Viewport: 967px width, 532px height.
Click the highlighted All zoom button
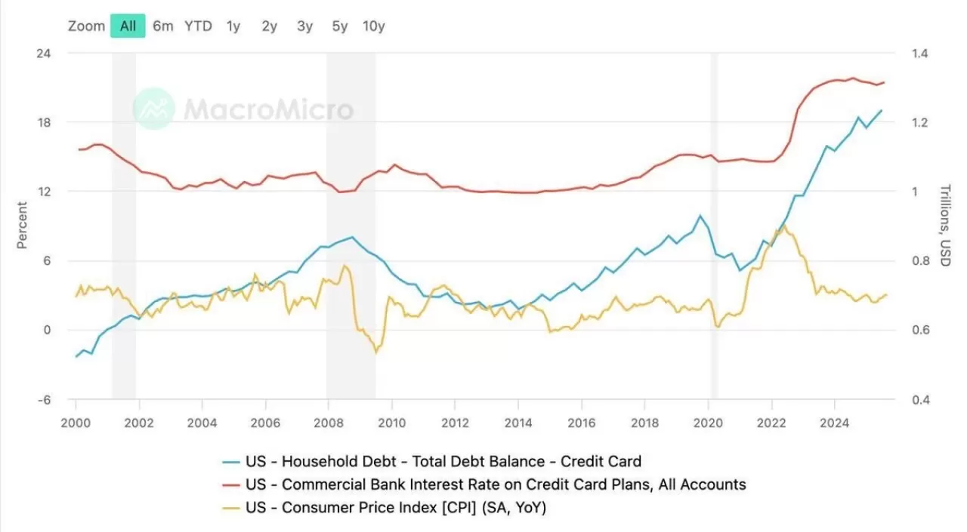[128, 26]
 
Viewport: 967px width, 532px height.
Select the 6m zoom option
[162, 26]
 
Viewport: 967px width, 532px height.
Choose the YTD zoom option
[198, 26]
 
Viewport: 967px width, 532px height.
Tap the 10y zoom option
[373, 26]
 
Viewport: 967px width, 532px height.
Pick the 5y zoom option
[340, 26]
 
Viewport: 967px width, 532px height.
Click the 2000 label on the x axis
[76, 423]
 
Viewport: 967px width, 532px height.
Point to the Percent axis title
[22, 225]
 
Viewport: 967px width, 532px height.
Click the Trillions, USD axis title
[944, 225]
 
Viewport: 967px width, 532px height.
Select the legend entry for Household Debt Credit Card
[443, 461]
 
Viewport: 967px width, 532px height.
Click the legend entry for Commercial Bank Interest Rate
[496, 484]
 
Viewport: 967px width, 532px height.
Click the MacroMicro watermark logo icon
[153, 109]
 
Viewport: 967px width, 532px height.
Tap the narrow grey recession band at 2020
[714, 226]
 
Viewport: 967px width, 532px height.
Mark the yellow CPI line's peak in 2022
[783, 225]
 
